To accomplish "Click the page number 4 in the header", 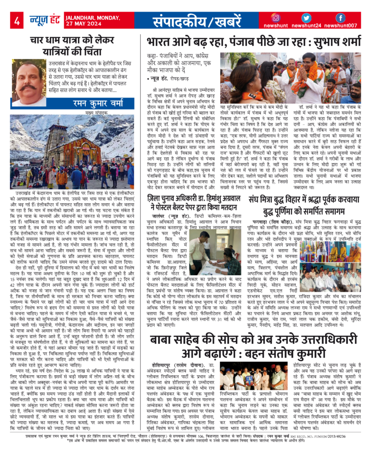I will (x=17, y=20).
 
